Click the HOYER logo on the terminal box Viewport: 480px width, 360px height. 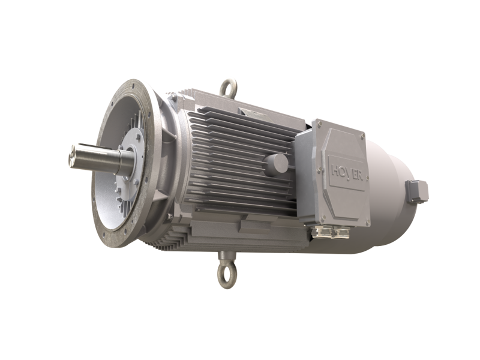point(347,173)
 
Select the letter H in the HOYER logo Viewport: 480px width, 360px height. point(336,170)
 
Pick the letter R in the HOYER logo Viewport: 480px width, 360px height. point(359,176)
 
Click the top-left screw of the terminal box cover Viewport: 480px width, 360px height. point(319,124)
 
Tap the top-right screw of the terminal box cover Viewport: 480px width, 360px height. point(362,137)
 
